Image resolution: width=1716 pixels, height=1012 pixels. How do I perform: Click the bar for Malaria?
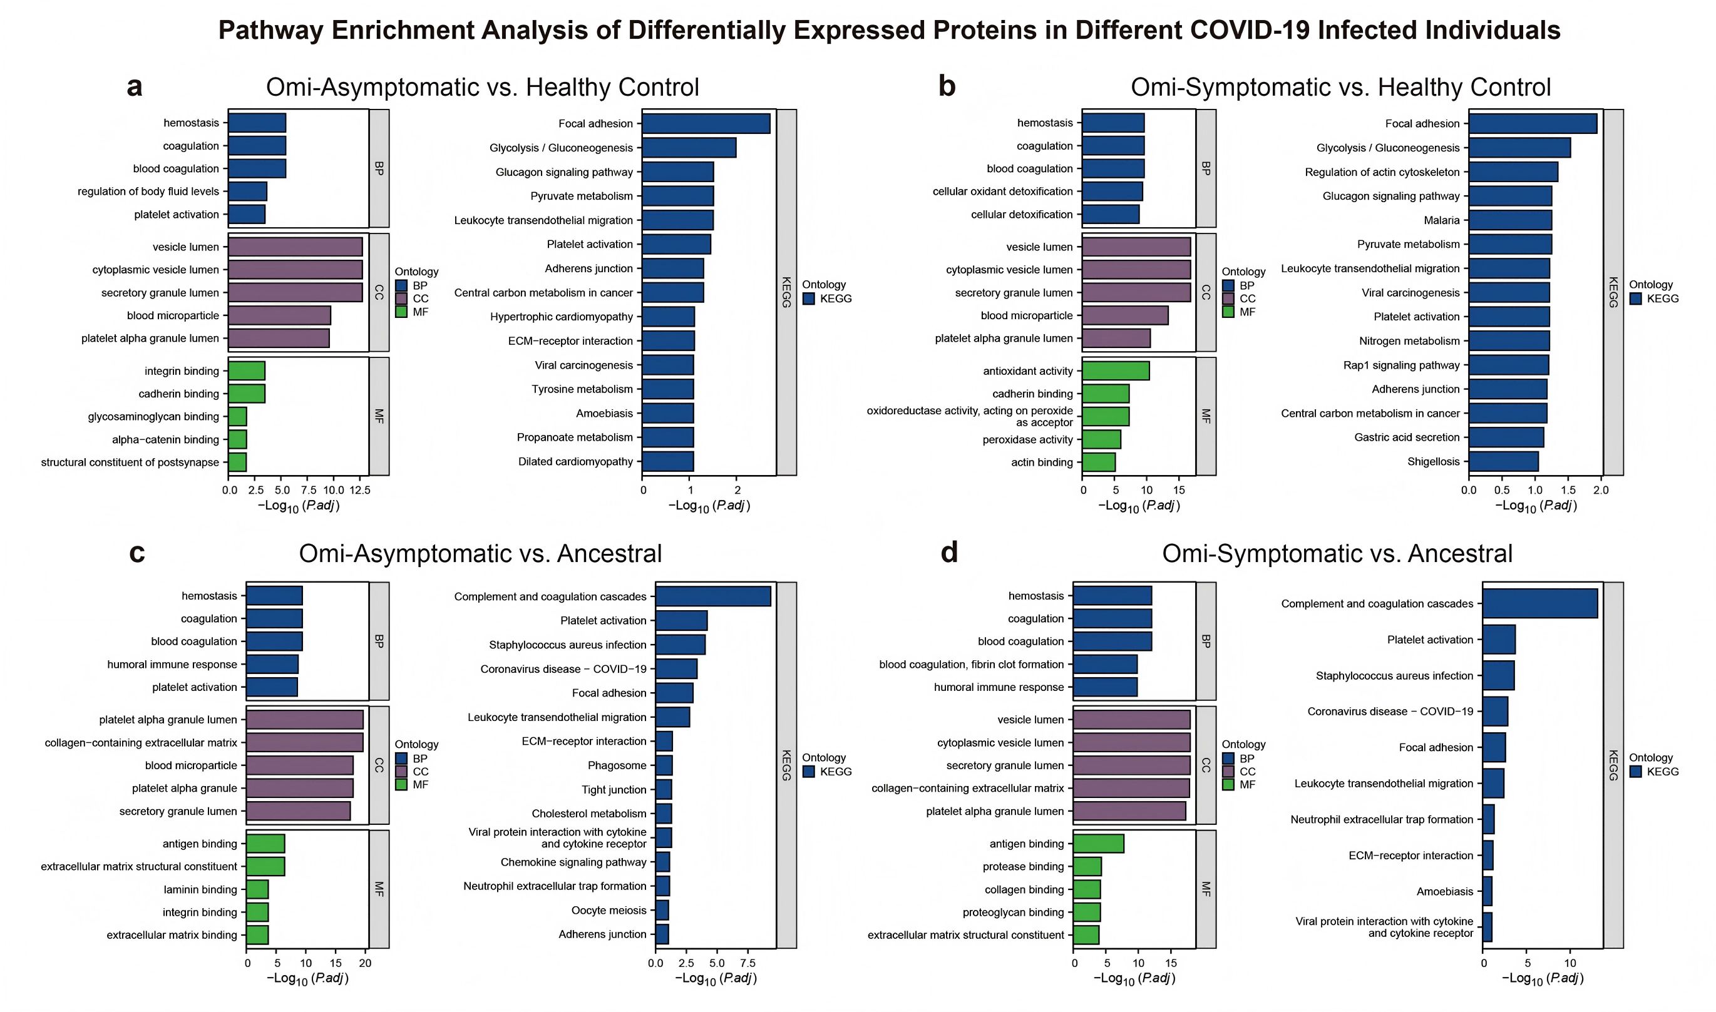pyautogui.click(x=1510, y=220)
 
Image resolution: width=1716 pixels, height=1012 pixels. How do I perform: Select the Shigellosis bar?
pyautogui.click(x=1503, y=462)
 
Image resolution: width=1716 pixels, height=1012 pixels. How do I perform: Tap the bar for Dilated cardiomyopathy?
pyautogui.click(x=668, y=462)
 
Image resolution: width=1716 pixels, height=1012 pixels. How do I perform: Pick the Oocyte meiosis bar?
pyautogui.click(x=662, y=911)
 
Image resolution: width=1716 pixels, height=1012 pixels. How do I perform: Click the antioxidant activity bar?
pyautogui.click(x=1115, y=371)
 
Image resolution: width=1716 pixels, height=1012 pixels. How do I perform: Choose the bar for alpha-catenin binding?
pyautogui.click(x=237, y=440)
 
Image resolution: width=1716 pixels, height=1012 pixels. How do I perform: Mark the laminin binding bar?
pyautogui.click(x=257, y=889)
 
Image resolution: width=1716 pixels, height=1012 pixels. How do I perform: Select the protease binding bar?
pyautogui.click(x=1087, y=867)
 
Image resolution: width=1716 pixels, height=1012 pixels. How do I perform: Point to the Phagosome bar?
pyautogui.click(x=664, y=765)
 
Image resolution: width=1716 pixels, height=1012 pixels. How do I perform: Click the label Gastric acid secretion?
pyautogui.click(x=1406, y=437)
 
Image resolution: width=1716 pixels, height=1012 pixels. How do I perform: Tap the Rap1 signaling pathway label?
pyautogui.click(x=1401, y=365)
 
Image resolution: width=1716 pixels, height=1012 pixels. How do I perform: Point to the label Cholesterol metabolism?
pyautogui.click(x=588, y=814)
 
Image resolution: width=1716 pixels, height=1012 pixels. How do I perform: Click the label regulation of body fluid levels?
pyautogui.click(x=148, y=192)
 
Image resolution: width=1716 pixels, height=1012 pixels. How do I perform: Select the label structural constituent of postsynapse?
pyautogui.click(x=130, y=463)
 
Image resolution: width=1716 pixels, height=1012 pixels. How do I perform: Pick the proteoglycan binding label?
pyautogui.click(x=1013, y=912)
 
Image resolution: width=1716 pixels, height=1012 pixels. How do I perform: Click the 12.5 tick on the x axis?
pyautogui.click(x=359, y=490)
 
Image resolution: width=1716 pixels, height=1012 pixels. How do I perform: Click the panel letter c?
pyautogui.click(x=137, y=553)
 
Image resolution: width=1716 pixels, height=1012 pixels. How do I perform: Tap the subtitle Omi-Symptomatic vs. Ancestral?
pyautogui.click(x=1337, y=553)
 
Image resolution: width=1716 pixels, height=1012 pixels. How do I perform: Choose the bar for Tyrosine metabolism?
pyautogui.click(x=668, y=389)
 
